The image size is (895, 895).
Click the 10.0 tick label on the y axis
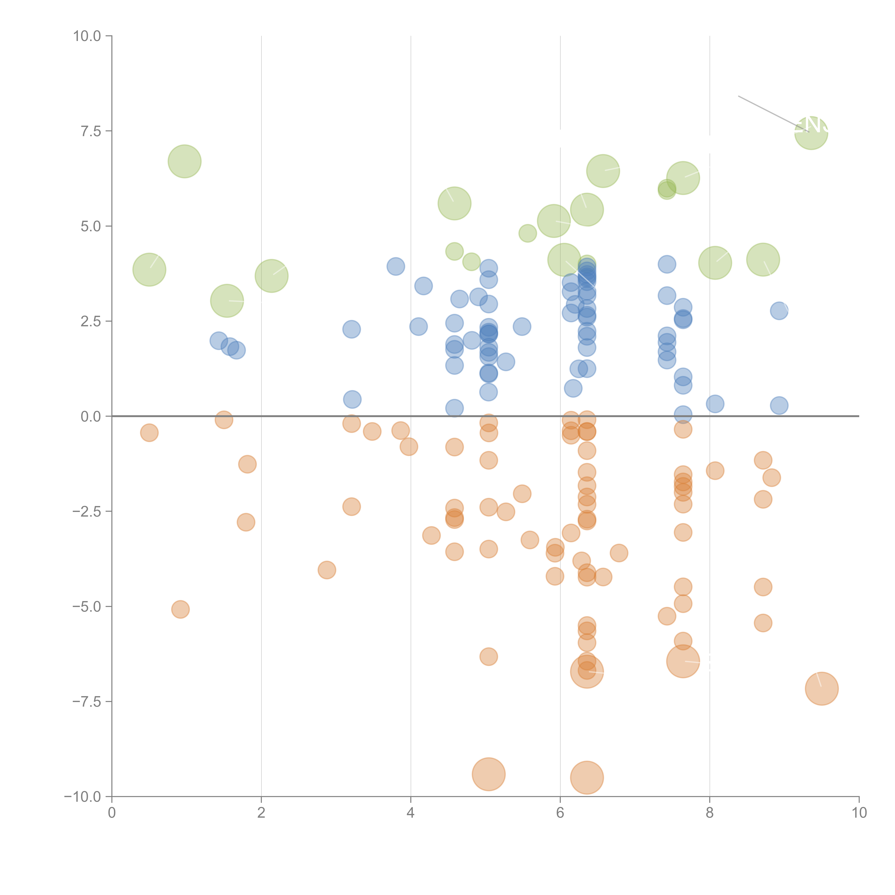(x=87, y=36)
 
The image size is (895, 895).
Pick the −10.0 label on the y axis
(x=83, y=797)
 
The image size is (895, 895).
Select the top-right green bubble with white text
(x=811, y=133)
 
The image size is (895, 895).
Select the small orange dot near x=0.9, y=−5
(x=180, y=609)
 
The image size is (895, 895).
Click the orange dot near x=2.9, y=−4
(x=327, y=570)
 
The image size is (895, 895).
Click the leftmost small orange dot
(x=149, y=433)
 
